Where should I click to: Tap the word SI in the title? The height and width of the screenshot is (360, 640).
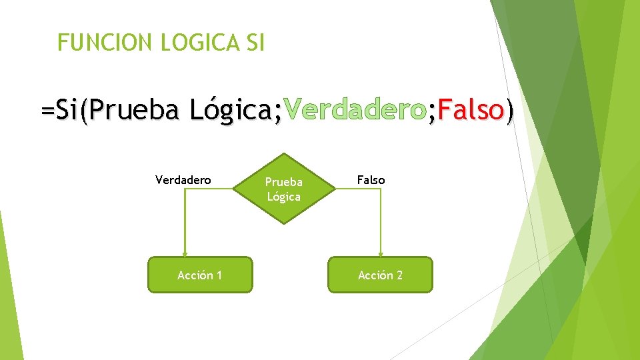pyautogui.click(x=255, y=43)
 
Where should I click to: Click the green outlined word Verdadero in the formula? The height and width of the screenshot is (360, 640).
pyautogui.click(x=354, y=109)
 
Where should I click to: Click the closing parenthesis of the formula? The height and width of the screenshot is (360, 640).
pyautogui.click(x=510, y=110)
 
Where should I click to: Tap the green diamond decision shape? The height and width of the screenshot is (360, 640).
pyautogui.click(x=283, y=188)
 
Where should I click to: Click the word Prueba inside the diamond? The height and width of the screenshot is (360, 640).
pyautogui.click(x=283, y=182)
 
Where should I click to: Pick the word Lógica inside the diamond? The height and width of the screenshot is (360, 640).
pyautogui.click(x=283, y=197)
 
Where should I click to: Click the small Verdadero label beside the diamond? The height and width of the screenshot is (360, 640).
pyautogui.click(x=183, y=179)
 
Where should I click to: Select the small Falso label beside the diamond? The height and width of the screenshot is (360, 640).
pyautogui.click(x=371, y=179)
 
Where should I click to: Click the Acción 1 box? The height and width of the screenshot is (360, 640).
pyautogui.click(x=200, y=275)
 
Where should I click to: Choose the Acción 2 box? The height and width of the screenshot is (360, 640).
pyautogui.click(x=380, y=275)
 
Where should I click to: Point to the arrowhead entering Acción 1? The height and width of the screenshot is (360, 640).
pyautogui.click(x=185, y=253)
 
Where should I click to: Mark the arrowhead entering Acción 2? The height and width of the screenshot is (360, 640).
pyautogui.click(x=381, y=253)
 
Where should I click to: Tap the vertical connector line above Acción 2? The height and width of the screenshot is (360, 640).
pyautogui.click(x=381, y=220)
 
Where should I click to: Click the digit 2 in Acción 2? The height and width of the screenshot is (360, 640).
pyautogui.click(x=399, y=275)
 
